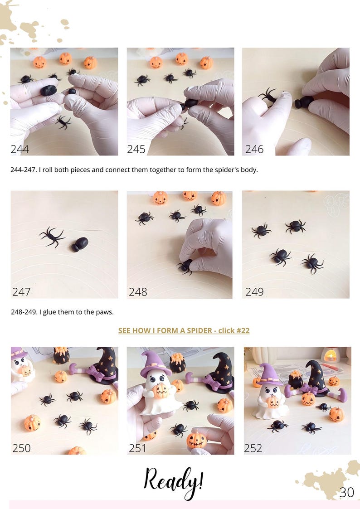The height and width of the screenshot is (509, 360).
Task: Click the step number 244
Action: coord(19,149)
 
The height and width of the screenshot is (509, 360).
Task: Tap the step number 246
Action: coord(254,149)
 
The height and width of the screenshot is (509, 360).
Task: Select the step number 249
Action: coord(254,292)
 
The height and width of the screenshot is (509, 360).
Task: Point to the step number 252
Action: coord(253,448)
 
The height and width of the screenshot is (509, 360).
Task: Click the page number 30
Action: coord(346,492)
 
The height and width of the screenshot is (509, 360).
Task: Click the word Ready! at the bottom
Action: coord(174,482)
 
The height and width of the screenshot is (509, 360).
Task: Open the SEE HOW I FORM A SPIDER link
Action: coord(184,330)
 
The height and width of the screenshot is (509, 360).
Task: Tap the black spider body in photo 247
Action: coord(80,244)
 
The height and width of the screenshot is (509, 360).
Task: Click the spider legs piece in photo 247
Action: coord(51,237)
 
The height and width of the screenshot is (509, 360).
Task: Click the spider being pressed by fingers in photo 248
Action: coord(185,267)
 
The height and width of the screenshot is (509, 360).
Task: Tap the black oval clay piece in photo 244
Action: coord(49,90)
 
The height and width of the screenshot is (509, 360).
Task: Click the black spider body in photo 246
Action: coord(304,102)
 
